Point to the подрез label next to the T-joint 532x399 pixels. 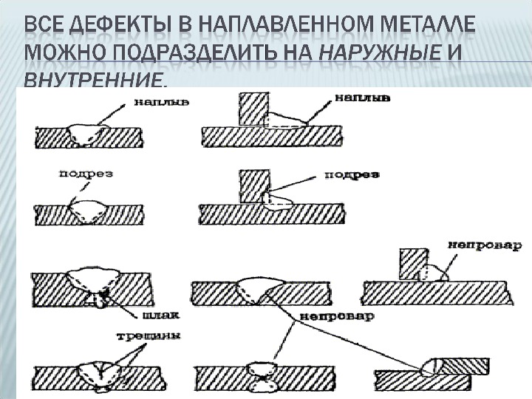click(x=352, y=175)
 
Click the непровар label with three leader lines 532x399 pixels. click(x=335, y=316)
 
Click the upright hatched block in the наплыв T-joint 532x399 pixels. click(x=253, y=109)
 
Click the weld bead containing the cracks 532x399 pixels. click(x=98, y=372)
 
